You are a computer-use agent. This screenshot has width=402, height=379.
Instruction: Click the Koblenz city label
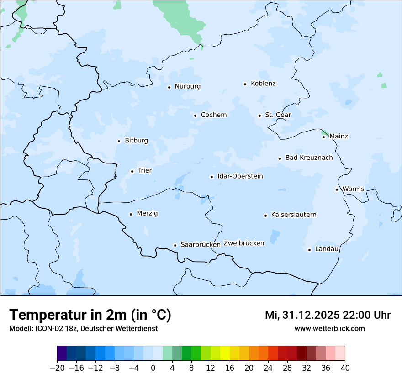pos(263,84)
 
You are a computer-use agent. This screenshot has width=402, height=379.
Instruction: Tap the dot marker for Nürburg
pos(169,87)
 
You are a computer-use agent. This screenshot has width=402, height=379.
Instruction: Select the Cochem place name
pos(214,115)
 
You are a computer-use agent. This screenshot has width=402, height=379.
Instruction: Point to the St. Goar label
pos(278,115)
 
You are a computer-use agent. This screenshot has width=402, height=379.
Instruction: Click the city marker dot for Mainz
pos(323,137)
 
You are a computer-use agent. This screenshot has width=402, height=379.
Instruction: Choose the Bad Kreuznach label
pos(309,158)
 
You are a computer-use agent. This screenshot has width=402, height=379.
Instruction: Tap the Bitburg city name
pos(136,141)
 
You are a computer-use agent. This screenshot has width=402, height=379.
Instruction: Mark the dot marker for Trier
pos(132,171)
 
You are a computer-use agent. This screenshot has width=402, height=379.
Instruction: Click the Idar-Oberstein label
pos(240,176)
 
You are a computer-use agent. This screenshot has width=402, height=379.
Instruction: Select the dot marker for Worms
pos(337,189)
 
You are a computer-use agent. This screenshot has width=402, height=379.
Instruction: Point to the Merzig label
pos(147,213)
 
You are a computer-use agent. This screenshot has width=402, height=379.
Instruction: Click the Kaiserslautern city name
pos(294,215)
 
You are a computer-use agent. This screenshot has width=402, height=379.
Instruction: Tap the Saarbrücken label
pos(201,245)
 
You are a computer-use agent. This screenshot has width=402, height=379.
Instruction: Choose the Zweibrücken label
pos(244,243)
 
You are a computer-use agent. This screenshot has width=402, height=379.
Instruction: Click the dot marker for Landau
pos(309,250)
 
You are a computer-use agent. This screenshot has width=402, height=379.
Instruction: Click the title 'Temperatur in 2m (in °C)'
pos(90,315)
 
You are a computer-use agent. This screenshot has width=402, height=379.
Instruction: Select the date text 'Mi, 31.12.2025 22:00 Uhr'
pos(328,315)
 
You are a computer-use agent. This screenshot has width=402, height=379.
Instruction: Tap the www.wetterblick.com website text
pos(329,328)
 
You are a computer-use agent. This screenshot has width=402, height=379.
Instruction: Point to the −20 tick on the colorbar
pos(57,368)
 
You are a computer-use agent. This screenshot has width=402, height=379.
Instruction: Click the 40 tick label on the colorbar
pos(345,368)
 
